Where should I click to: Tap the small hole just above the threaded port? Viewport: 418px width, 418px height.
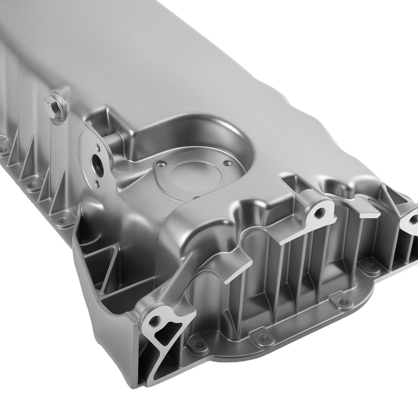pos(97,147)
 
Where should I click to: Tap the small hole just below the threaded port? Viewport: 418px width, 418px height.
pos(97,183)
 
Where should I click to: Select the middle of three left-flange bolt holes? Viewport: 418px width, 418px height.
pos(31,184)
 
